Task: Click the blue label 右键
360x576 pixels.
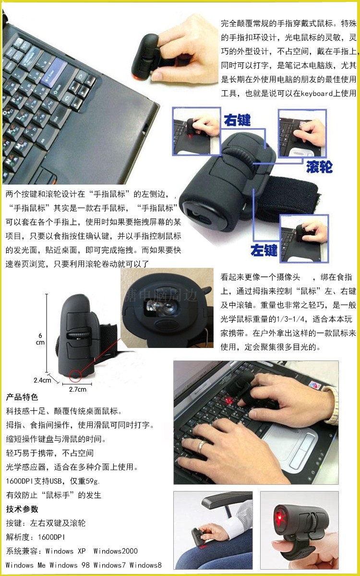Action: [237, 120]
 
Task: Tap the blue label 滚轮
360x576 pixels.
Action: [319, 167]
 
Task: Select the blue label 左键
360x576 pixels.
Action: [264, 250]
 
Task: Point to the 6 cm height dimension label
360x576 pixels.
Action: [40, 339]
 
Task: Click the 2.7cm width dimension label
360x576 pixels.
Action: [78, 389]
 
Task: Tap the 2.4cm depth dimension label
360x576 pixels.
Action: [42, 380]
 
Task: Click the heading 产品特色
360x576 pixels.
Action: [22, 397]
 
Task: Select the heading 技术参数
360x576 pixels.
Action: [22, 509]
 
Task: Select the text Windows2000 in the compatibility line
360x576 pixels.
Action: [116, 551]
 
